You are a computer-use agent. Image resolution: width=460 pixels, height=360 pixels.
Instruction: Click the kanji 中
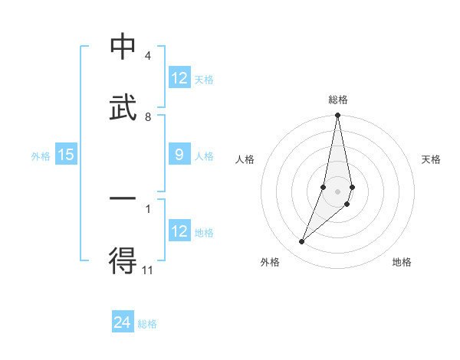[x=123, y=47]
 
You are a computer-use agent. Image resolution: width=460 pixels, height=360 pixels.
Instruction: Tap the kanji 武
[x=123, y=108]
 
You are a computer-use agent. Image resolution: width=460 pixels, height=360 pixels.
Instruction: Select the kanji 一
[x=123, y=201]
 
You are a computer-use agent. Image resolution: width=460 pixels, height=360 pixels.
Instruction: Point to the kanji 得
[x=123, y=262]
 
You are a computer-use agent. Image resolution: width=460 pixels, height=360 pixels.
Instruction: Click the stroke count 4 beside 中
[x=147, y=56]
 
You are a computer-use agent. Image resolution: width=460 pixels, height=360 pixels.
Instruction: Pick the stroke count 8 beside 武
[x=147, y=116]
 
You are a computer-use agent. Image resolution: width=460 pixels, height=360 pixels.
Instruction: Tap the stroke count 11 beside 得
[x=148, y=270]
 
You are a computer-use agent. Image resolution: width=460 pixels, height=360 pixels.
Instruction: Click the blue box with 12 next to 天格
[x=179, y=78]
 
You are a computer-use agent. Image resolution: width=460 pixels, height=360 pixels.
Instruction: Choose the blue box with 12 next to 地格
[x=179, y=231]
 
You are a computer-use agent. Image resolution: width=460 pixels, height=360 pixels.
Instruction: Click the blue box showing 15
[x=66, y=155]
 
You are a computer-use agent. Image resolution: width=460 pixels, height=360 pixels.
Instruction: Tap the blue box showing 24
[x=123, y=322]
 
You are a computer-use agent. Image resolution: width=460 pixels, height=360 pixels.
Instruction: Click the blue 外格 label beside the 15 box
[x=41, y=156]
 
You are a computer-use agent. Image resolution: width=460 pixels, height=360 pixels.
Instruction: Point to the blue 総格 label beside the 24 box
[x=147, y=324]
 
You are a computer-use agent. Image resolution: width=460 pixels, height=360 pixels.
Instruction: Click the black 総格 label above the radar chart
[x=338, y=100]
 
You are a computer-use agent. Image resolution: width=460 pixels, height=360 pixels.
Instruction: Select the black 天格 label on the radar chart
[x=432, y=159]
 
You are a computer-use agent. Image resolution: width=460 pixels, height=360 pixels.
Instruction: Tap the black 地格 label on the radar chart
[x=402, y=263]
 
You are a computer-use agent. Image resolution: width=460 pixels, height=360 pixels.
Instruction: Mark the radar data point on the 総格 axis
[x=337, y=116]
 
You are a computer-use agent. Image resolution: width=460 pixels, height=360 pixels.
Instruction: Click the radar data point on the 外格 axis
[x=301, y=242]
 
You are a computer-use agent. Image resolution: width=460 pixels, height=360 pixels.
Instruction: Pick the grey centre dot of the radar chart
[x=337, y=191]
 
